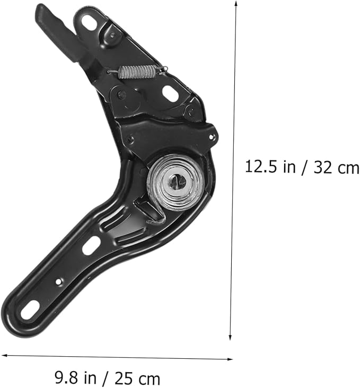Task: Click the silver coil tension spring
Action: click(137, 72)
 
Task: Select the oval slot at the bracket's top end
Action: click(89, 22)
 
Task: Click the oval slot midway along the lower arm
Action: click(91, 245)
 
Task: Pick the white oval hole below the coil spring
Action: click(170, 93)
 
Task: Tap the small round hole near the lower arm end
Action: click(58, 281)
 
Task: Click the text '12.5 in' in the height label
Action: click(270, 167)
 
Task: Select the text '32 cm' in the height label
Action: click(336, 167)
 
